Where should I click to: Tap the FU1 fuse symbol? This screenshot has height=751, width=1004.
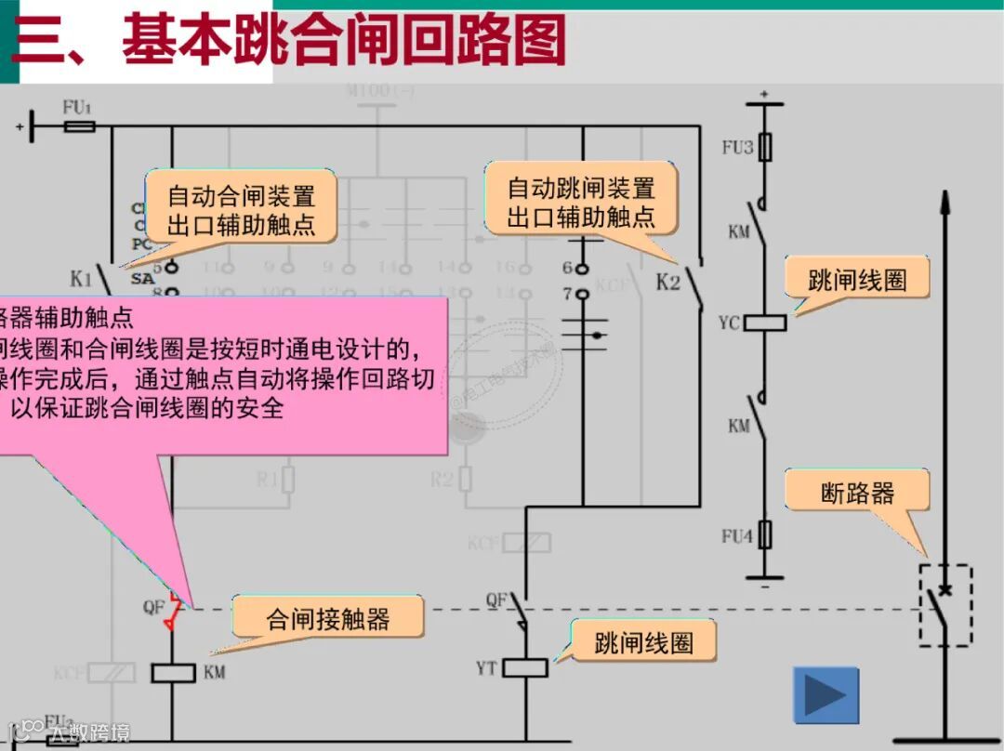pos(79,125)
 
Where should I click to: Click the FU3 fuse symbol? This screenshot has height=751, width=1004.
pos(765,147)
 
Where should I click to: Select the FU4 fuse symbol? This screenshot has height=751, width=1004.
pos(765,534)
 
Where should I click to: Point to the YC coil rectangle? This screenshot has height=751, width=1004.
pos(766,323)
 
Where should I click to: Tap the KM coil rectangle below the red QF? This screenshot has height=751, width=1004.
pos(172,672)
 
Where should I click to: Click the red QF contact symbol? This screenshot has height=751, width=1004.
pos(172,609)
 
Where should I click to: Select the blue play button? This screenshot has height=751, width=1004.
pos(826,695)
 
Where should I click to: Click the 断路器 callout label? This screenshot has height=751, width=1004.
pos(857,491)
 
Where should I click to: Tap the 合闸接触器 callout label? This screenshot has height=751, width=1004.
pos(328,619)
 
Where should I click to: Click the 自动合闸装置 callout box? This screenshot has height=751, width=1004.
pos(242,206)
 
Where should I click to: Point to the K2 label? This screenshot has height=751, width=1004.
pos(668,282)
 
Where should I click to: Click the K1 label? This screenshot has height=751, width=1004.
pos(82,277)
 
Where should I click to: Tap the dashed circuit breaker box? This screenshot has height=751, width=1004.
pos(946,604)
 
